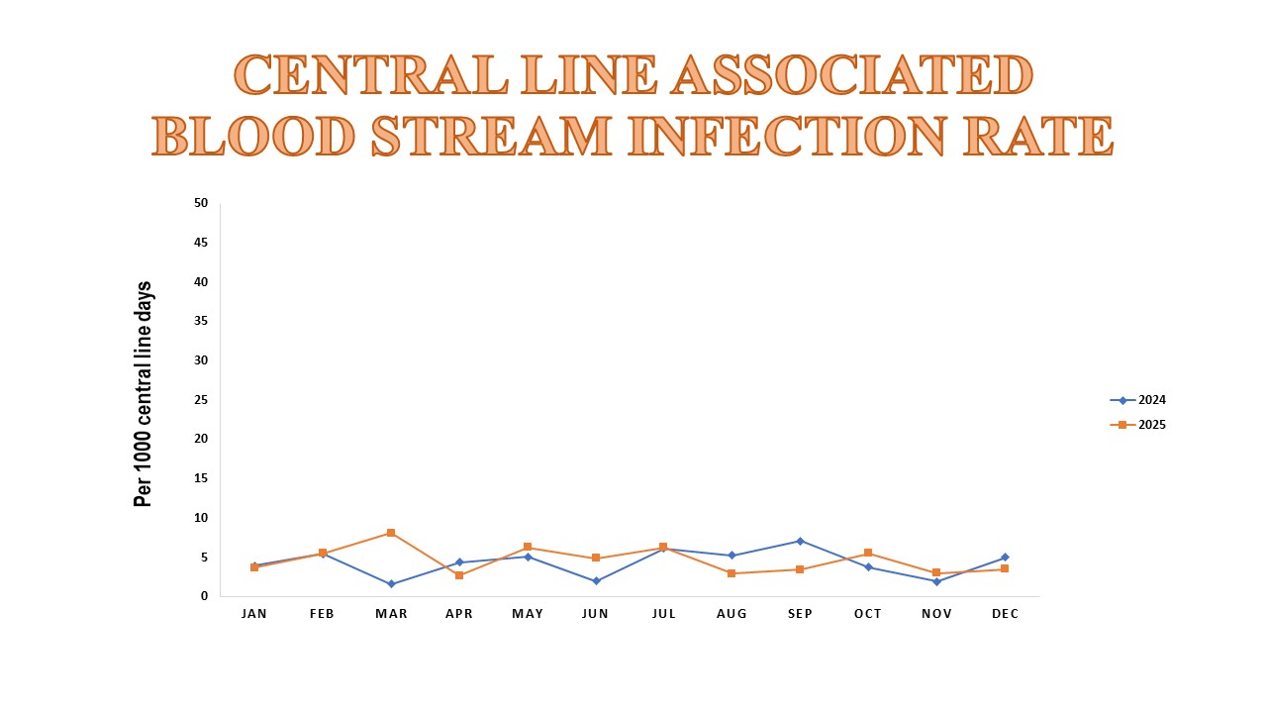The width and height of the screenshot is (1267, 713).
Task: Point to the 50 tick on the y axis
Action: [201, 203]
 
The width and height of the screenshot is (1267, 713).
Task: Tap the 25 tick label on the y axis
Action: [201, 400]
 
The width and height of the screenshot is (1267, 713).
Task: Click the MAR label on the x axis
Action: [391, 614]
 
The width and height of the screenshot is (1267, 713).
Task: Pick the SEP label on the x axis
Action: [800, 614]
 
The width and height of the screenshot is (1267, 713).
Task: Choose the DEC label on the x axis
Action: [1005, 614]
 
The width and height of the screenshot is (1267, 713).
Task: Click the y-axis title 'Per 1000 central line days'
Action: [144, 394]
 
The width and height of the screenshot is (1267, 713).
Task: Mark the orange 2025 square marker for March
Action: [391, 533]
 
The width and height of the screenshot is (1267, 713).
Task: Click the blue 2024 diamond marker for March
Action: [391, 584]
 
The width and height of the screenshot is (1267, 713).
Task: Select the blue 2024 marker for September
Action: [800, 541]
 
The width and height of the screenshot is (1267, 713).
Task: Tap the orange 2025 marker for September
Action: [800, 569]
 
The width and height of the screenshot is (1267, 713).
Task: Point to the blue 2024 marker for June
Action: [596, 581]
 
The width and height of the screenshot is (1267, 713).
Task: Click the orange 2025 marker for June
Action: [596, 559]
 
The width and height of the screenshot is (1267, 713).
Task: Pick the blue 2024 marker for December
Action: [1005, 558]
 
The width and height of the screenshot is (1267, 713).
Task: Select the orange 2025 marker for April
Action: [459, 575]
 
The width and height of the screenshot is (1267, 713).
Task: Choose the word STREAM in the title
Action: [492, 136]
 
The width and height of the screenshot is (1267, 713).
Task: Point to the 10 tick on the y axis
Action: [201, 518]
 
